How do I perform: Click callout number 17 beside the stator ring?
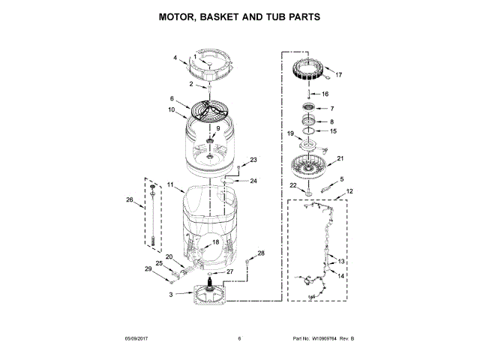[338, 75]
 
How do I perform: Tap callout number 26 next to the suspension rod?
[130, 199]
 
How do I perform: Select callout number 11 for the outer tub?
[170, 184]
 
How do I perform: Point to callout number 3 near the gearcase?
[171, 295]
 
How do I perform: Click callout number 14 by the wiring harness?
[341, 276]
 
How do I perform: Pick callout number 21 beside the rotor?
[340, 159]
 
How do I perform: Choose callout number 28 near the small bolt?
[262, 254]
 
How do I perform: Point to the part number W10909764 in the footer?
[325, 339]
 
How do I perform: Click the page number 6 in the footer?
[239, 339]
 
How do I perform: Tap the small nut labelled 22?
[306, 195]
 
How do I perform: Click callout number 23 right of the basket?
[253, 160]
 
